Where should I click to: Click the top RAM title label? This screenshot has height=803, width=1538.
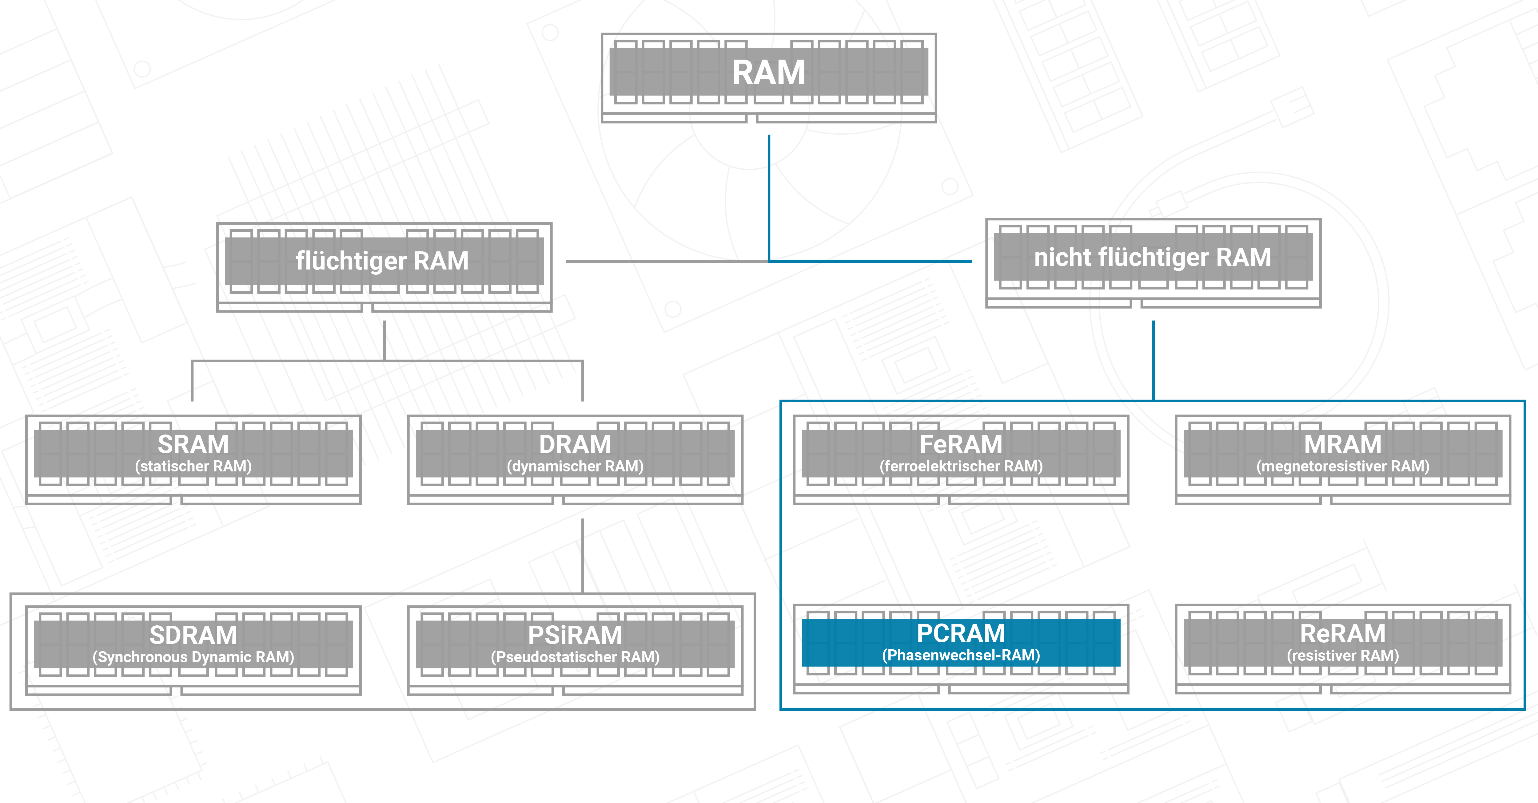point(768,73)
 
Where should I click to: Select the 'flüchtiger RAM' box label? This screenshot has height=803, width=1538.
point(382,261)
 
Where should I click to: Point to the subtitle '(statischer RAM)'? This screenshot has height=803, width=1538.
point(193,466)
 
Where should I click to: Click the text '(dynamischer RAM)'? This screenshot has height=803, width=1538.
point(575,466)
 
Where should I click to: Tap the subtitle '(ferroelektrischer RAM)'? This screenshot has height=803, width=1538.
point(961,466)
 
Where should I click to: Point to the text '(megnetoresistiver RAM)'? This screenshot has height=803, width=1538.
point(1343,466)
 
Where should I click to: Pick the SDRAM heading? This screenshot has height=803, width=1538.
point(193,635)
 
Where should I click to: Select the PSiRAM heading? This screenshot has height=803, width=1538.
point(575,635)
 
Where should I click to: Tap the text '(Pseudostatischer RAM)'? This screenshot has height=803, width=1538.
point(575,657)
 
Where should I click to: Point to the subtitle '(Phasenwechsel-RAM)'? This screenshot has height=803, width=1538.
point(961,655)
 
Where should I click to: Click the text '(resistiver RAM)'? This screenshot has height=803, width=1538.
point(1343,655)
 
